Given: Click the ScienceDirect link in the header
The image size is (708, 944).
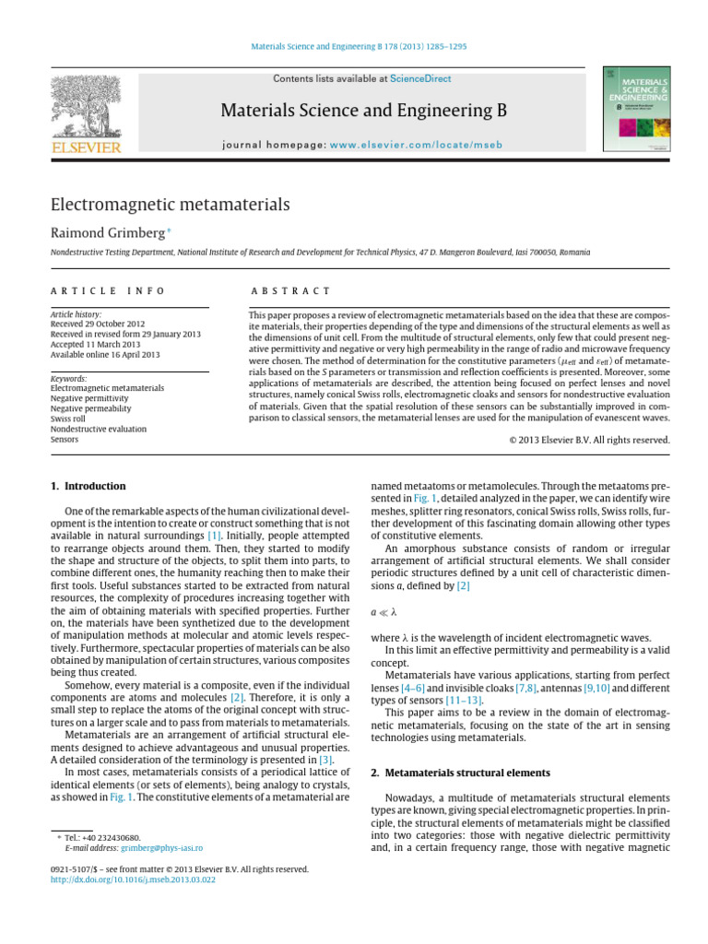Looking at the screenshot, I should [x=420, y=79].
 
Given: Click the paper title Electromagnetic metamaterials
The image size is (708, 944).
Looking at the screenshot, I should [x=169, y=204].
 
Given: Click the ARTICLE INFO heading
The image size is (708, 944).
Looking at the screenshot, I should [x=108, y=290].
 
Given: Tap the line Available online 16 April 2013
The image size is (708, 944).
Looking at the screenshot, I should [x=106, y=355].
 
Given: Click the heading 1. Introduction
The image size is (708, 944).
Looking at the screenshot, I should [x=88, y=486].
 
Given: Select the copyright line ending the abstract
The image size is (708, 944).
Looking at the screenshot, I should [x=589, y=440].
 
